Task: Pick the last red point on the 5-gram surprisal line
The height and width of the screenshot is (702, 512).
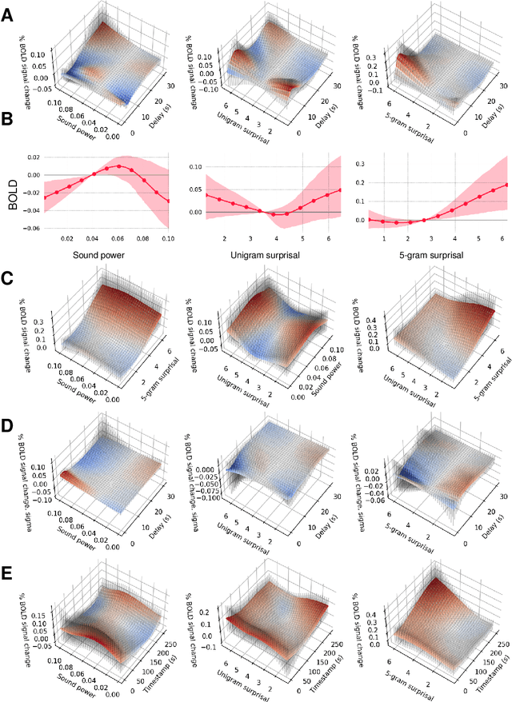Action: (506, 185)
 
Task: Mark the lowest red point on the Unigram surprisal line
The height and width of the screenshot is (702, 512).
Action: (274, 214)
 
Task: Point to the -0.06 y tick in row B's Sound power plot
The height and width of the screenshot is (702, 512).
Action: (32, 228)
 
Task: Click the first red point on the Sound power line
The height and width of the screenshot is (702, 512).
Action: (43, 197)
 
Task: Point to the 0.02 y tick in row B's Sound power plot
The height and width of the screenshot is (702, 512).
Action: (34, 157)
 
